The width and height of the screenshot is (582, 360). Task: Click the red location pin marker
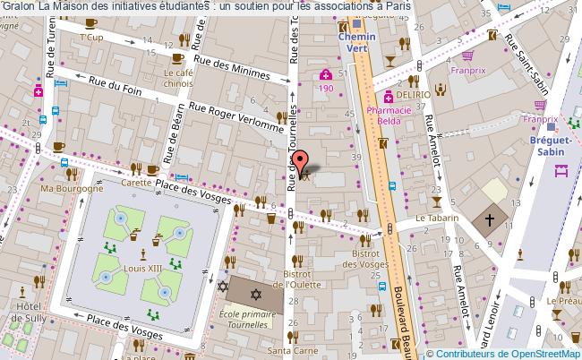(302, 160)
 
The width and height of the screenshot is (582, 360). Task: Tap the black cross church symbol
(490, 218)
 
